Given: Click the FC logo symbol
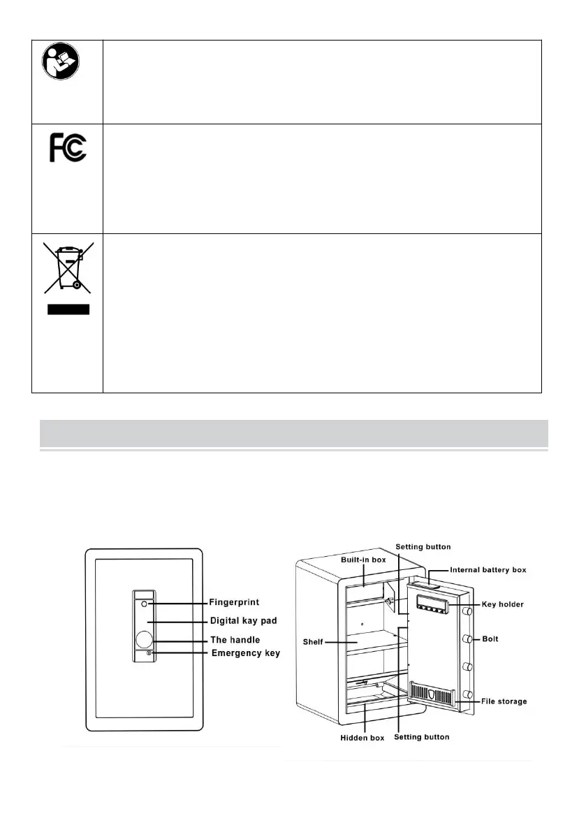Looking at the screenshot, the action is (68, 148).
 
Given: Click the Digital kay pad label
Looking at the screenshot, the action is (245, 620).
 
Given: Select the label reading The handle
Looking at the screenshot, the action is (235, 640).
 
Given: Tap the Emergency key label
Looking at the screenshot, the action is (246, 653).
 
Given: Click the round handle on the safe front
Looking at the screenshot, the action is (145, 640).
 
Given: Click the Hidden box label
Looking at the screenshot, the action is (362, 738).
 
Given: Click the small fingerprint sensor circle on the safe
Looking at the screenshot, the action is (144, 604).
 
